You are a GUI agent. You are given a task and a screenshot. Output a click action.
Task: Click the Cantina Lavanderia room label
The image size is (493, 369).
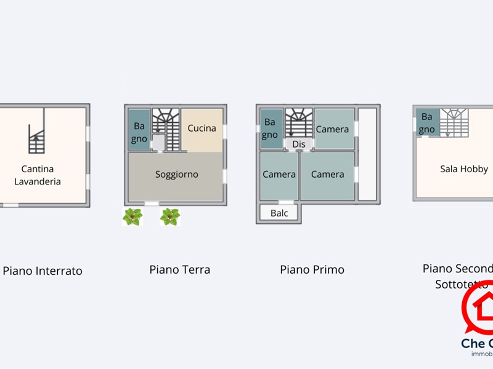click(38, 175)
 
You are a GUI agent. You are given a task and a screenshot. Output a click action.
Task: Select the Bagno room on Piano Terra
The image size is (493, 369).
click(139, 131)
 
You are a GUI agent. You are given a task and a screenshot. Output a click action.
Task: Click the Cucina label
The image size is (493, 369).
click(202, 129)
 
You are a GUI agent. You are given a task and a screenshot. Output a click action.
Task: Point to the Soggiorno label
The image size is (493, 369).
click(177, 175)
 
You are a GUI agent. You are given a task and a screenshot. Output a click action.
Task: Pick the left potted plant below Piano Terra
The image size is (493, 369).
click(132, 216)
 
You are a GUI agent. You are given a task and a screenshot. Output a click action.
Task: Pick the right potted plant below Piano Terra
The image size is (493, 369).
click(169, 216)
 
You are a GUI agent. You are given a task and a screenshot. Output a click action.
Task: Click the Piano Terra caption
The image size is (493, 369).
click(179, 269)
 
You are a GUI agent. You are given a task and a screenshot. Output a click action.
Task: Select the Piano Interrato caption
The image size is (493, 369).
click(43, 271)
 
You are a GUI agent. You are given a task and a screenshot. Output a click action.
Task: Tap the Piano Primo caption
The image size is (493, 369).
click(312, 269)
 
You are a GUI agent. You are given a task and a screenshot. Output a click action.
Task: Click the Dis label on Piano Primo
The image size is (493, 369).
click(299, 144)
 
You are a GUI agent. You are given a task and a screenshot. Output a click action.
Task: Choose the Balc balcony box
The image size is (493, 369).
click(279, 213)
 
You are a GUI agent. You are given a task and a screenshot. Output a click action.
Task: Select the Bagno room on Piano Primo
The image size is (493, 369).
click(270, 129)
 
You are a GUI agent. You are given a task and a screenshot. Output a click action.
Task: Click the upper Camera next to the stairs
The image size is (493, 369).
click(333, 129)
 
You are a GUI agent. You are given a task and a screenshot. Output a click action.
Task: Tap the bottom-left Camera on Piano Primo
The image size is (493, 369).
click(279, 175)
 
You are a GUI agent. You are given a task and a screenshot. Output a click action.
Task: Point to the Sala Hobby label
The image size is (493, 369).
click(463, 169)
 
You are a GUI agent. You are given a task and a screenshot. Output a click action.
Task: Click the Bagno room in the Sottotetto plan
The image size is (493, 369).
click(426, 122)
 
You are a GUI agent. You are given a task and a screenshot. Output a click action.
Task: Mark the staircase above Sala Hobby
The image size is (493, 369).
click(454, 121)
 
